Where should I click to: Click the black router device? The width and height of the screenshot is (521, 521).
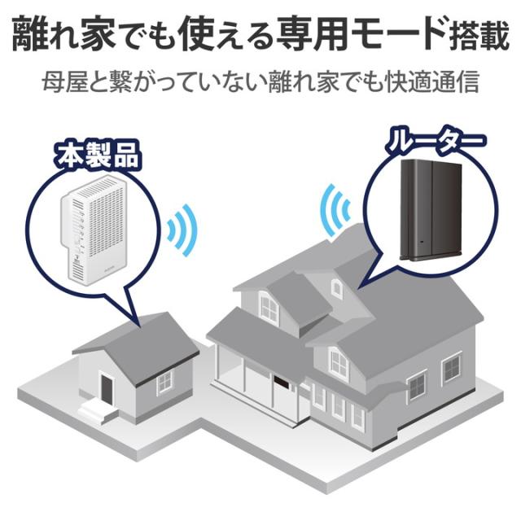pyautogui.click(x=431, y=210)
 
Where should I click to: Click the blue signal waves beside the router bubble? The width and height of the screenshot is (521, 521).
pyautogui.click(x=335, y=210)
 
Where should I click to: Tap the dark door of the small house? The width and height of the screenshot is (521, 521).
pyautogui.click(x=107, y=389)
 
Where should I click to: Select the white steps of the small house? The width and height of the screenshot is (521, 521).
pyautogui.click(x=99, y=413)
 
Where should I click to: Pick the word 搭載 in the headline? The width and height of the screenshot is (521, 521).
pyautogui.click(x=478, y=34)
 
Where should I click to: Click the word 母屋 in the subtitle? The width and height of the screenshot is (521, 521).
pyautogui.click(x=61, y=81)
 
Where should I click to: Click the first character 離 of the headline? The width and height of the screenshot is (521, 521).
pyautogui.click(x=29, y=34)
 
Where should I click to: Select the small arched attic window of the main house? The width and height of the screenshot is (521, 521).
pyautogui.click(x=336, y=287)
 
